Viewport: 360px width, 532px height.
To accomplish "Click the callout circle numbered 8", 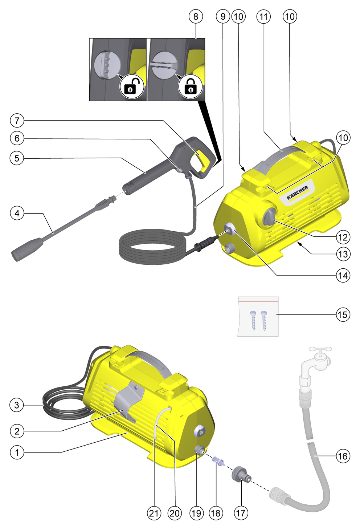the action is pos(196,16).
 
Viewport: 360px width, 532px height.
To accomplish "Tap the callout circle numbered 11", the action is pos(263,16).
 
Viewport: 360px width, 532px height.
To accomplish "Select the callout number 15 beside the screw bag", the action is pos(343,314).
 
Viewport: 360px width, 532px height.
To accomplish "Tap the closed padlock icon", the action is pos(191,86).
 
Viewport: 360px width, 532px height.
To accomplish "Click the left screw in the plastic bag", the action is pos(253,321).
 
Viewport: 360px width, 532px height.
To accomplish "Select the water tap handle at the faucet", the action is pos(320,349).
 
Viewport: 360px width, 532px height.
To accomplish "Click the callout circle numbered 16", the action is pos(343,456).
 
